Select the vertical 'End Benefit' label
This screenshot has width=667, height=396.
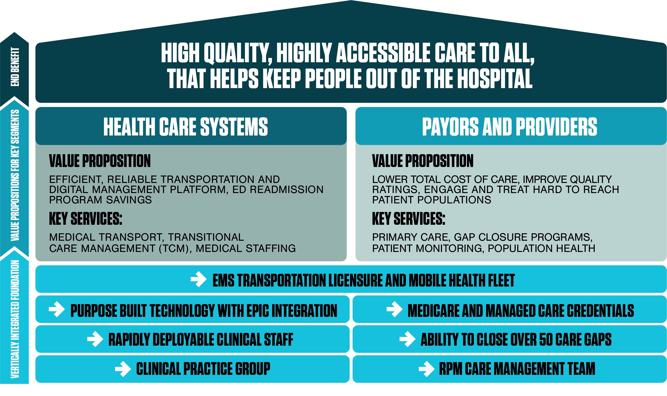pyautogui.click(x=15, y=67)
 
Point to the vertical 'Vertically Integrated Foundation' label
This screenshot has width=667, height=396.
pyautogui.click(x=15, y=319)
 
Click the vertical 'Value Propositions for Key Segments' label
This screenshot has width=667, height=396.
pyautogui.click(x=15, y=175)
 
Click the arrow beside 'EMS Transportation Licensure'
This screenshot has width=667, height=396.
pyautogui.click(x=198, y=279)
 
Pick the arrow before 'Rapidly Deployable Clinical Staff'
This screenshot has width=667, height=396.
pyautogui.click(x=95, y=339)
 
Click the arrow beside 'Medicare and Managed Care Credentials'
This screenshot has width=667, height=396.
pyautogui.click(x=395, y=309)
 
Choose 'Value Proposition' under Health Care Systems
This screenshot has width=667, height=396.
pyautogui.click(x=100, y=161)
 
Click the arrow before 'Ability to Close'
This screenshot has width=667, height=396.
pyautogui.click(x=407, y=339)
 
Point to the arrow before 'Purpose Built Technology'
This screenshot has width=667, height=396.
pyautogui.click(x=57, y=309)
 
